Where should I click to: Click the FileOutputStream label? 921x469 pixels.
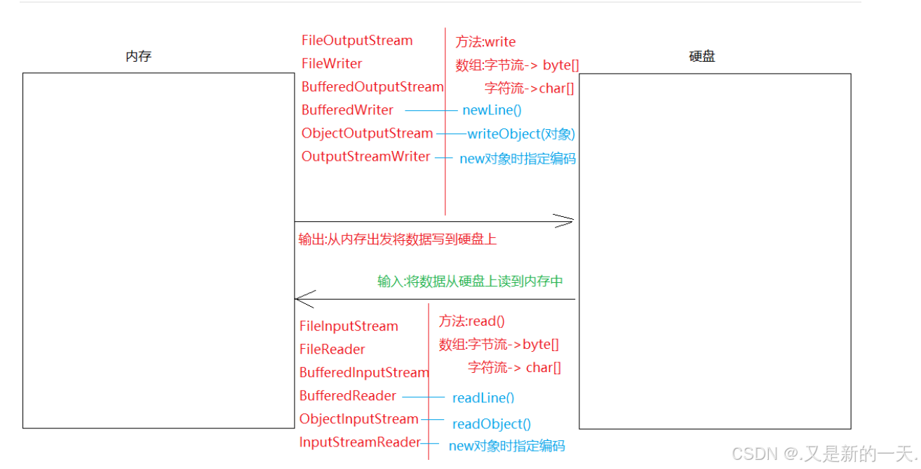coord(357,41)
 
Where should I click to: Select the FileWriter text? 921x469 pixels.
coord(332,64)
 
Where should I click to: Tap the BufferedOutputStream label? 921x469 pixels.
coord(372,87)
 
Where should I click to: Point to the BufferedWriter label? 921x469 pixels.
coord(347,110)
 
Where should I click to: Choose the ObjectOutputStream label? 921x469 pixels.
coord(367,133)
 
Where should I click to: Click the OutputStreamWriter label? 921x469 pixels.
coord(365,157)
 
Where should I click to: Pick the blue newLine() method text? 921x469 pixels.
coord(492,110)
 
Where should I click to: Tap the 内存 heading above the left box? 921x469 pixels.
coord(138,57)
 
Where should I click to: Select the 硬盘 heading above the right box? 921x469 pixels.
coord(701,57)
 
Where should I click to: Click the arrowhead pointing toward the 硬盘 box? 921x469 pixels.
coord(566,221)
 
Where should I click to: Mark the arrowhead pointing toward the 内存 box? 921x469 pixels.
coord(304,299)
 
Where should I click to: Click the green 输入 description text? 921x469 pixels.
coord(470,282)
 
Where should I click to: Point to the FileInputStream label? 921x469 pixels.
coord(349,326)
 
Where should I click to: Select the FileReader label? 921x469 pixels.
coord(332,350)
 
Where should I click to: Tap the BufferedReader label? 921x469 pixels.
coord(348,396)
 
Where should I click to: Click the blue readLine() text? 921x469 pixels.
coord(483,398)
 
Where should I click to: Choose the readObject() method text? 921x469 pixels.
coord(491,424)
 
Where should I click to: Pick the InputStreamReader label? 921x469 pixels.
coord(359,442)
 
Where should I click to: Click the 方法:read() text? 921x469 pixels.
coord(471,322)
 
